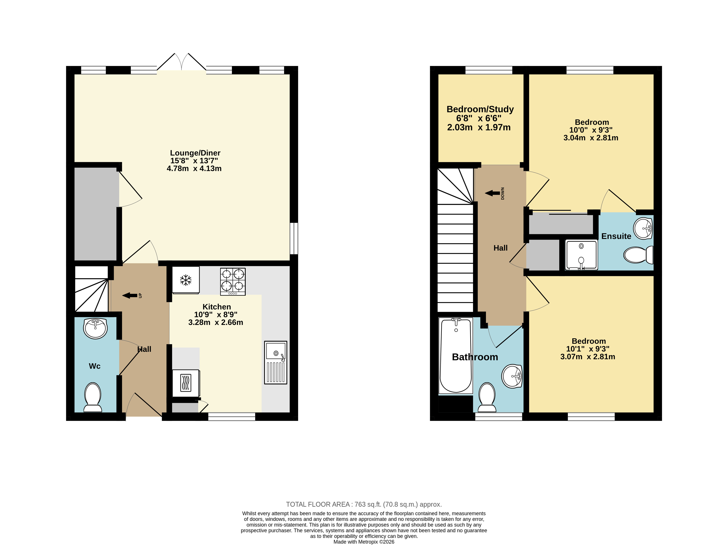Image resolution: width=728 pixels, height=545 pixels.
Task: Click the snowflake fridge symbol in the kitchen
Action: [186, 280]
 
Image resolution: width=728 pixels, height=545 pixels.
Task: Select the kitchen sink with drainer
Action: [275, 362]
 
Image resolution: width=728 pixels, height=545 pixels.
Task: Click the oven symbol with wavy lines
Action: [186, 383]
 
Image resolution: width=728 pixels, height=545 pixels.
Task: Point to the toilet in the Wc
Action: [93, 397]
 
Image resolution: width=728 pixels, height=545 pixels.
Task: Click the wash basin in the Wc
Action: [95, 328]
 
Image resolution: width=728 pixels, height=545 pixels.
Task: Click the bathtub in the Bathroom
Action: [456, 356]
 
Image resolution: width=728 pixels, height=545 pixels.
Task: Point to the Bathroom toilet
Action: [487, 397]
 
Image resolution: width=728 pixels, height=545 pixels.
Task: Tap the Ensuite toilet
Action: [638, 255]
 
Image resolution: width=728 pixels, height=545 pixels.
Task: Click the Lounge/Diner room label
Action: [195, 153]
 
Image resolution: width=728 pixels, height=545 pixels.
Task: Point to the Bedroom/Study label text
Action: [480, 109]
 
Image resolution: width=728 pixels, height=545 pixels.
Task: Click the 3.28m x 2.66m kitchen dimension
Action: [215, 322]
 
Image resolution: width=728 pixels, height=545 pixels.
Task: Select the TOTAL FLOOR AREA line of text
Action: [364, 504]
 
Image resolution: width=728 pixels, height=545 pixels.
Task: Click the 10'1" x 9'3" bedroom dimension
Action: [588, 349]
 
